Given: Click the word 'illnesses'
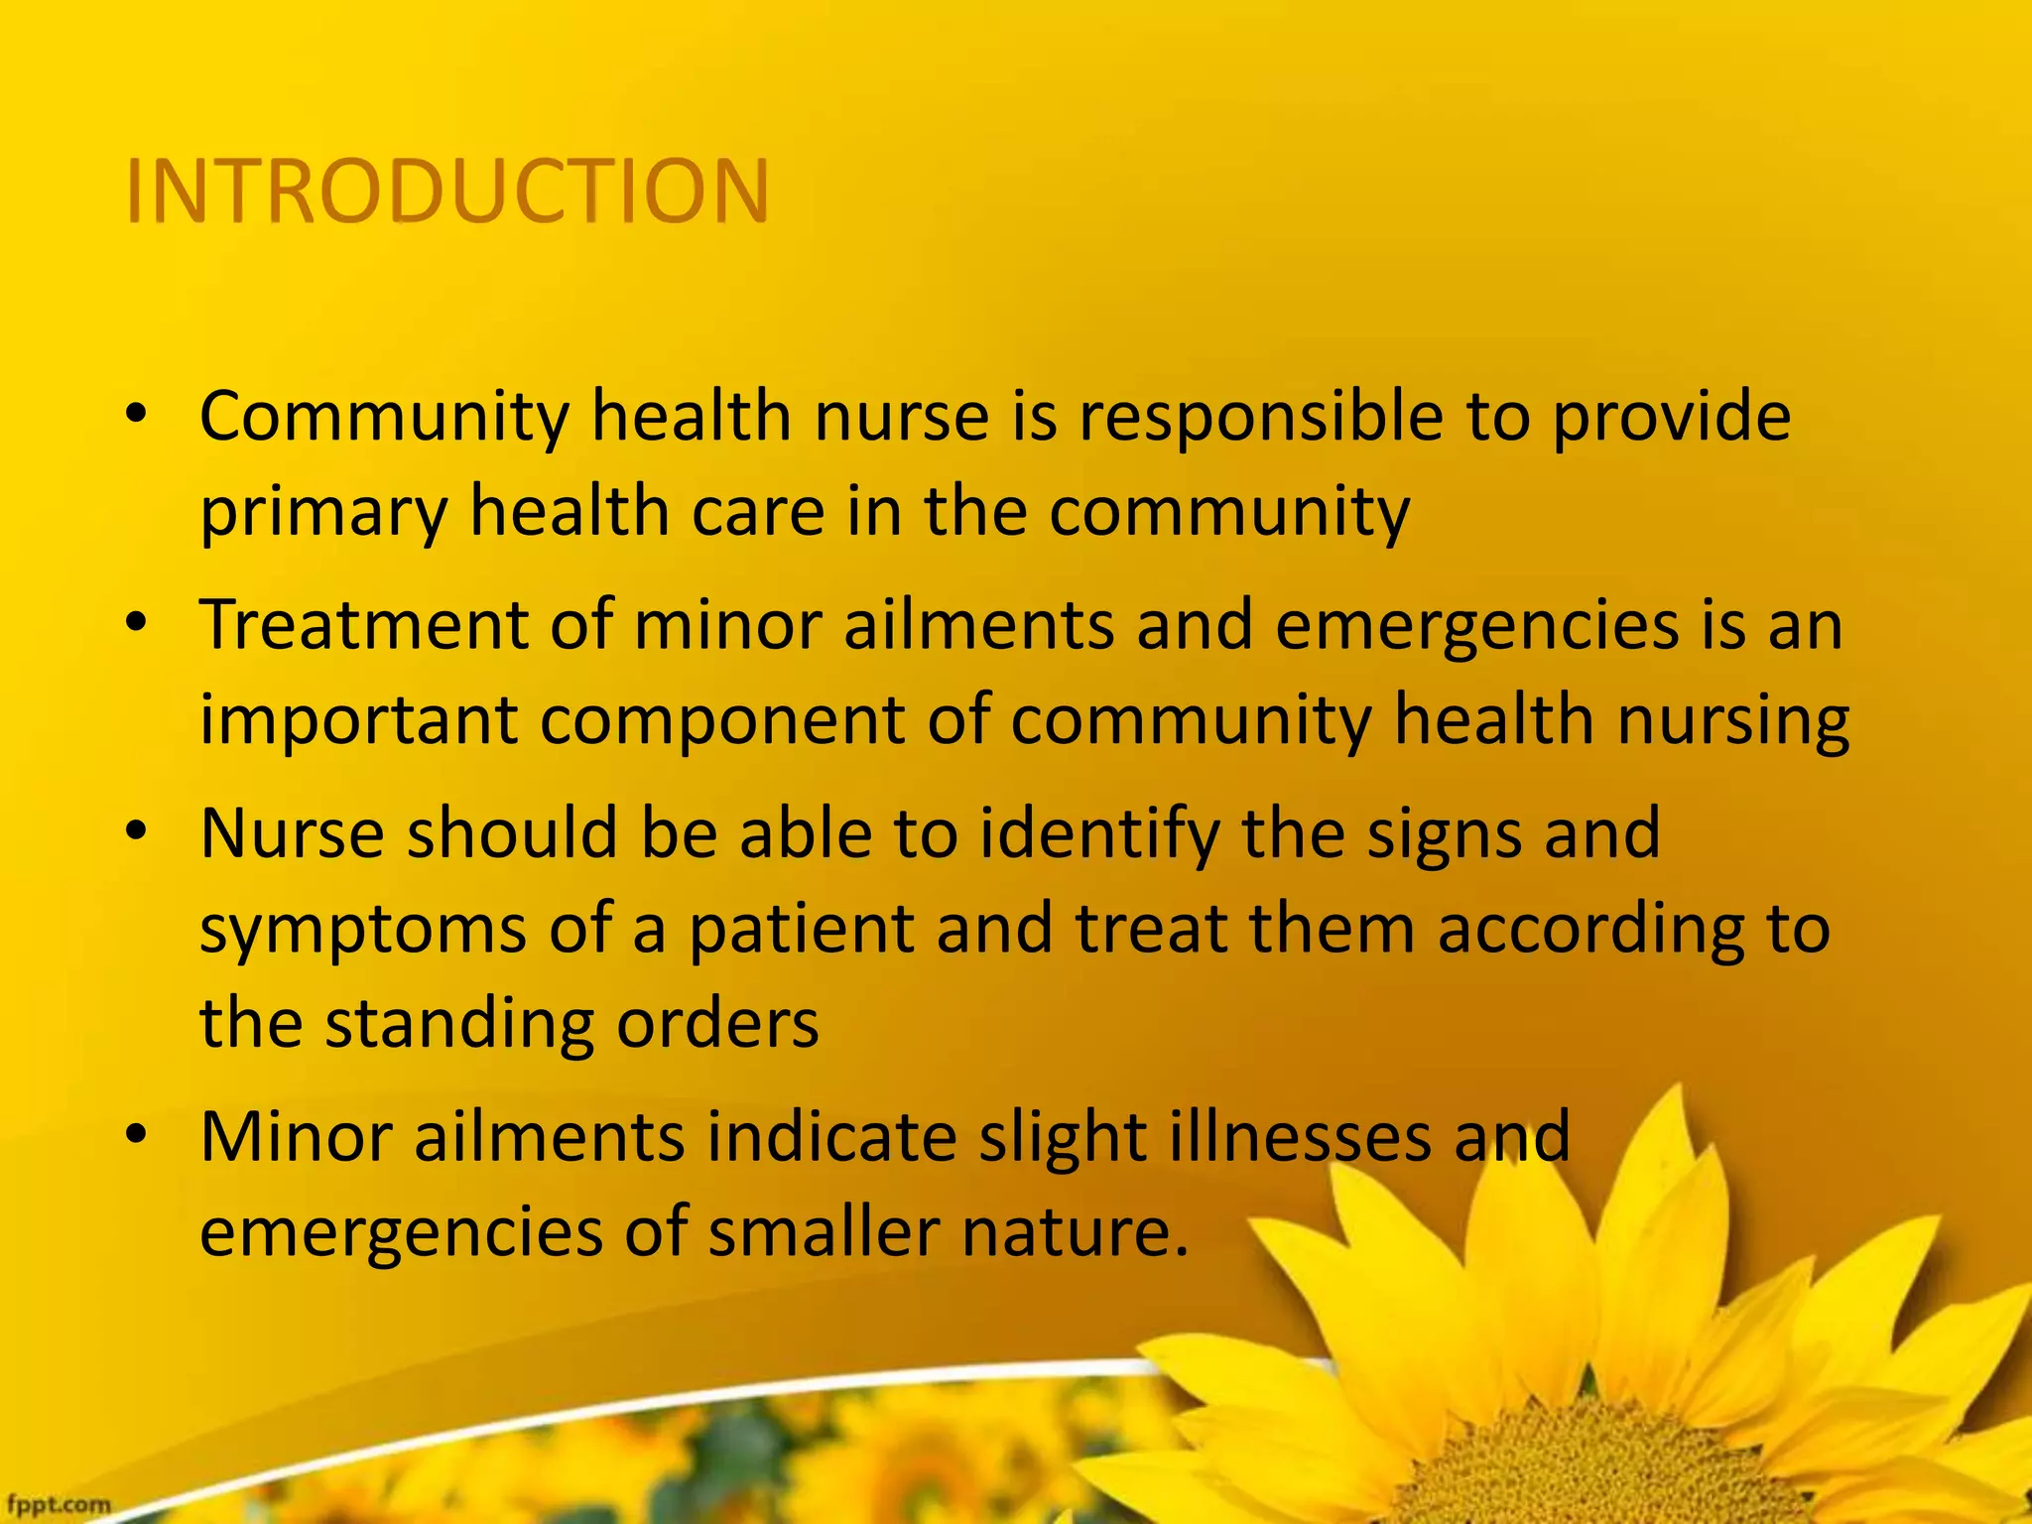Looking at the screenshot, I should [x=1300, y=1137].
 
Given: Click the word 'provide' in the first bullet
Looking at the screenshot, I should [x=1671, y=417].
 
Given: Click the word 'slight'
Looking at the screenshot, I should [x=1062, y=1137].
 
